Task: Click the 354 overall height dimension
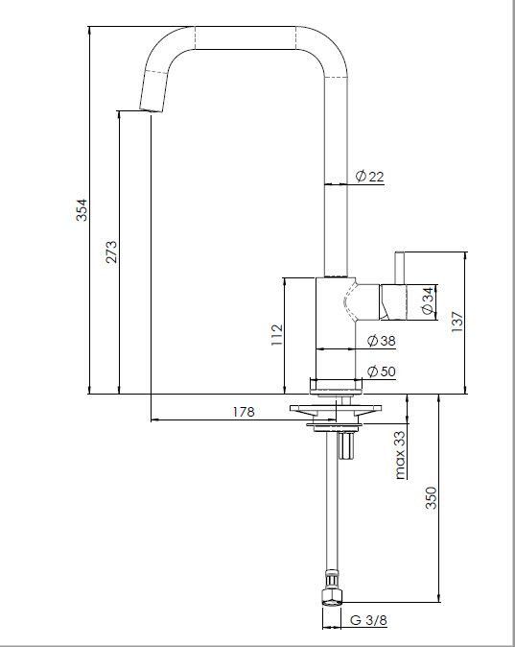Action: point(82,210)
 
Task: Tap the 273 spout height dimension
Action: point(111,252)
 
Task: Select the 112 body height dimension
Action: point(276,333)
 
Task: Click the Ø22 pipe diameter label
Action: point(369,176)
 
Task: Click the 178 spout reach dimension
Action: point(244,412)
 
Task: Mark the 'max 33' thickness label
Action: point(400,453)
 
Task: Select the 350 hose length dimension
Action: point(432,498)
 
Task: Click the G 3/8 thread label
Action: point(368,620)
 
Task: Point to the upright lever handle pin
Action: point(400,268)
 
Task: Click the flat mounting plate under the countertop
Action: point(336,414)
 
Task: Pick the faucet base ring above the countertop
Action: point(336,384)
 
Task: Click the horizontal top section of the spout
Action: point(246,36)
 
